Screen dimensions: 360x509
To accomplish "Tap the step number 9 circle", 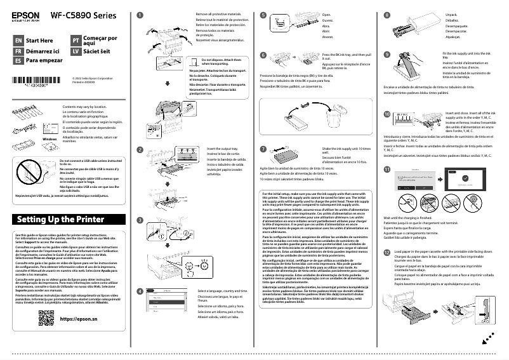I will click(x=387, y=55).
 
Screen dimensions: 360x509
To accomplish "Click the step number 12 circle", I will click(x=387, y=252).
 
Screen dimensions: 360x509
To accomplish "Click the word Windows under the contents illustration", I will click(x=49, y=138).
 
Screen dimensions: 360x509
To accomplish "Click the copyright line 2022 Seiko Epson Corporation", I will click(x=91, y=79).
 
